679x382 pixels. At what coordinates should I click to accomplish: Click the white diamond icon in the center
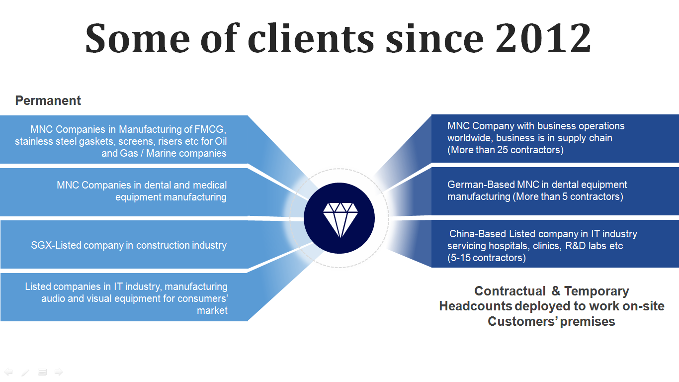339,219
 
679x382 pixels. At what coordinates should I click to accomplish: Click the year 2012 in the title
543,39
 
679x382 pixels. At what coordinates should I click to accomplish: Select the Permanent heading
48,100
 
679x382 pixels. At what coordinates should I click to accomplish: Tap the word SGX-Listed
56,245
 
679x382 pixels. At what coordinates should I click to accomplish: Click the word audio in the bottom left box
54,298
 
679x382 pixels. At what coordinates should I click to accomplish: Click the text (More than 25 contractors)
505,150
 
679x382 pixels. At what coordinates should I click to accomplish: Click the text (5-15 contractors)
486,258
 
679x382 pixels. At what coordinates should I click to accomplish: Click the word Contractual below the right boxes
509,291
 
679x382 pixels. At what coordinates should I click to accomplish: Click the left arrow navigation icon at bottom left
8,372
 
